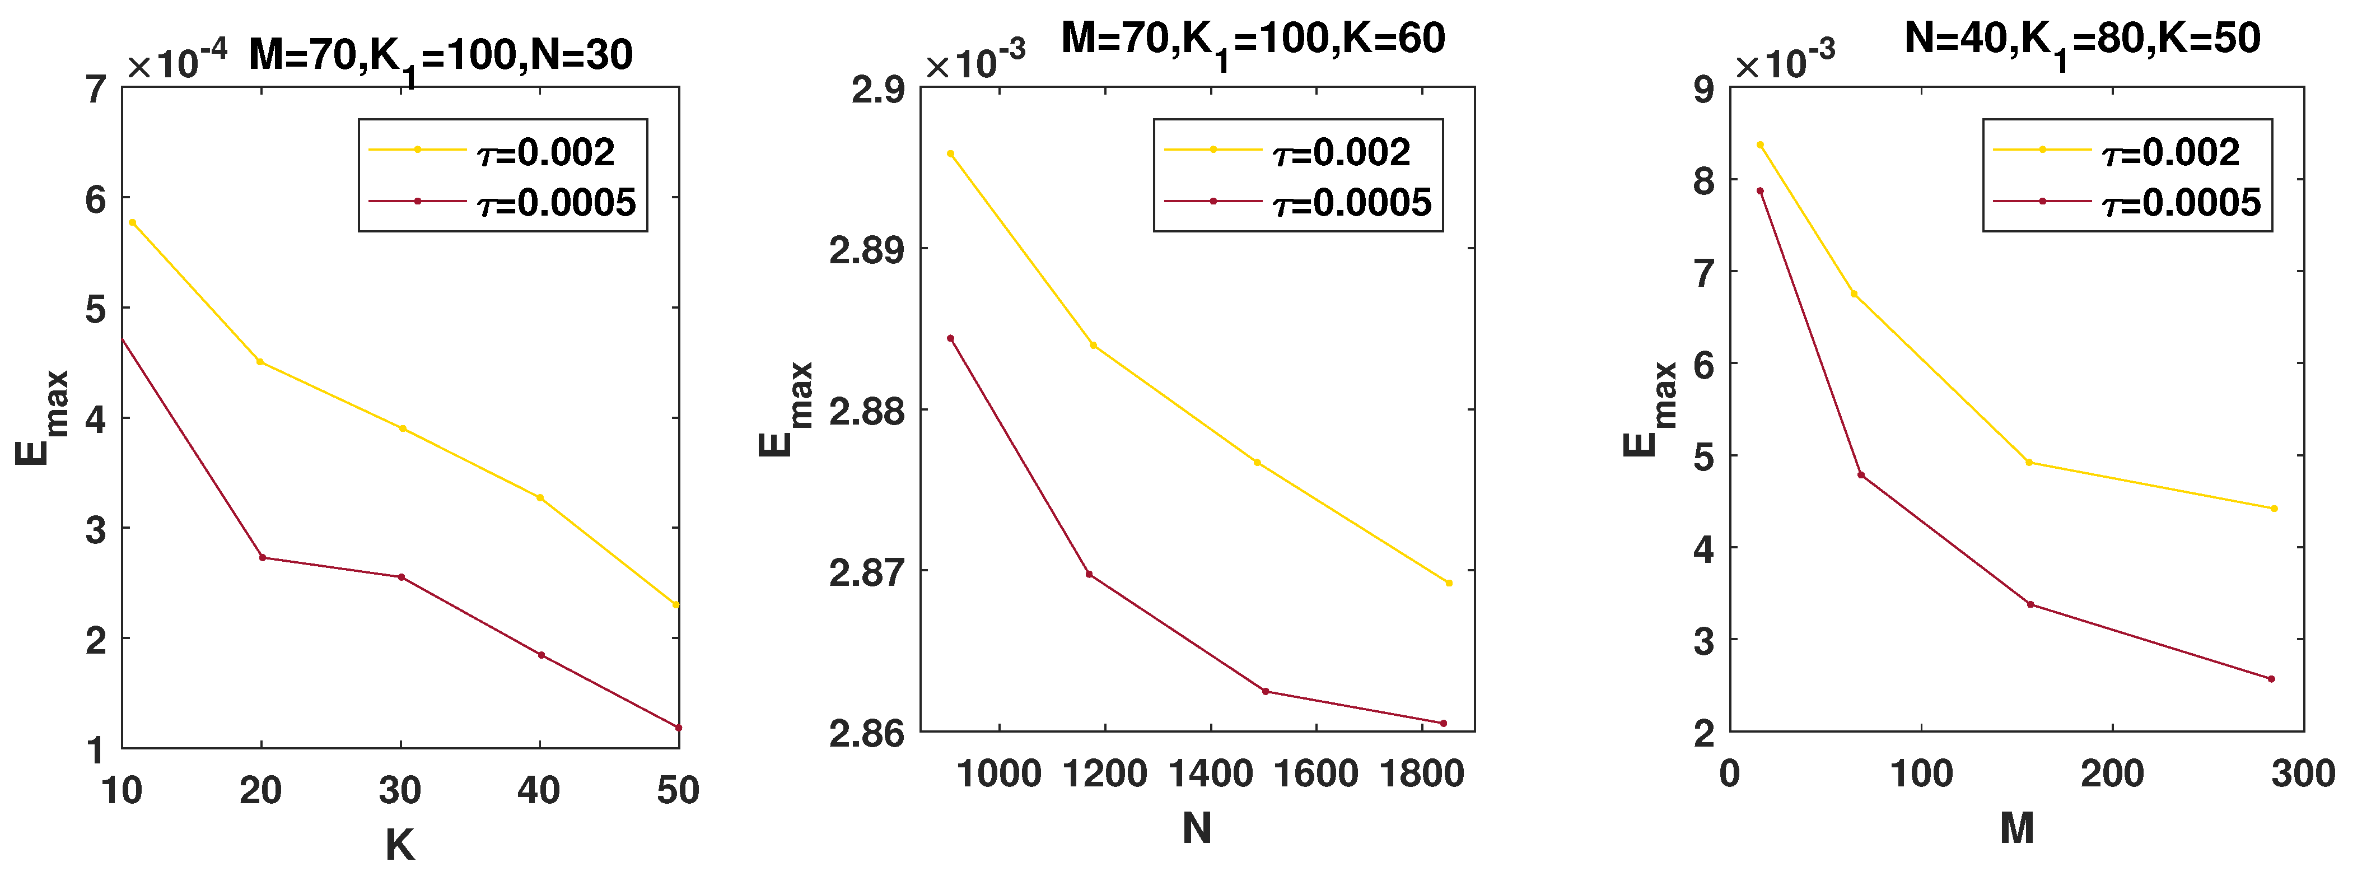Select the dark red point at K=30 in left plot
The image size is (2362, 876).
[401, 577]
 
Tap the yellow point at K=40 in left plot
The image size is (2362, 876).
[540, 498]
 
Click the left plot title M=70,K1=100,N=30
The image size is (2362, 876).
[440, 57]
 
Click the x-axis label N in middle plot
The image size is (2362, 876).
[1197, 829]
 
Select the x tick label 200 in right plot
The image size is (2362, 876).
[2112, 774]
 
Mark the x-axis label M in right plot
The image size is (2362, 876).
[2016, 829]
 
